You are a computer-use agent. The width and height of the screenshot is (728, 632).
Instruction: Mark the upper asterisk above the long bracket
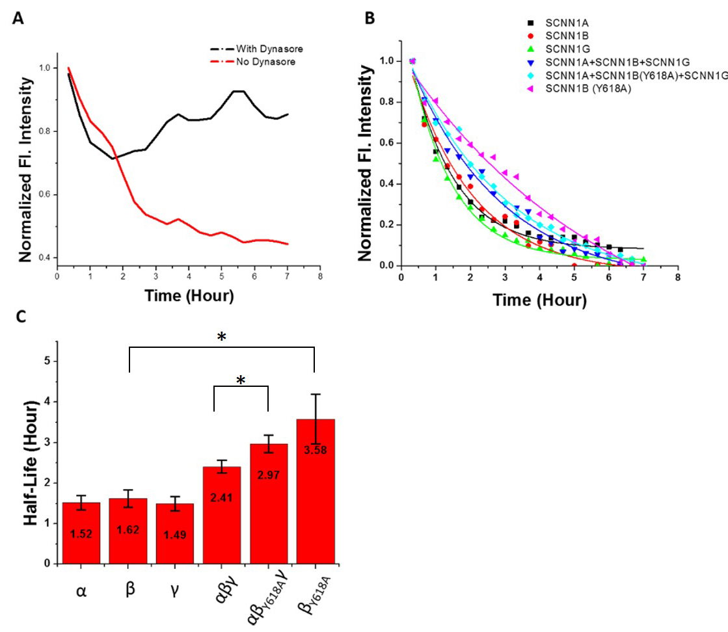click(x=222, y=336)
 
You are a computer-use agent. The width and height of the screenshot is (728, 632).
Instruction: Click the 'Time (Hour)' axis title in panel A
click(x=189, y=296)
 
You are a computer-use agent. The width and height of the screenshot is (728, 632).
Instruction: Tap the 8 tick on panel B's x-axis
click(x=677, y=277)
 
